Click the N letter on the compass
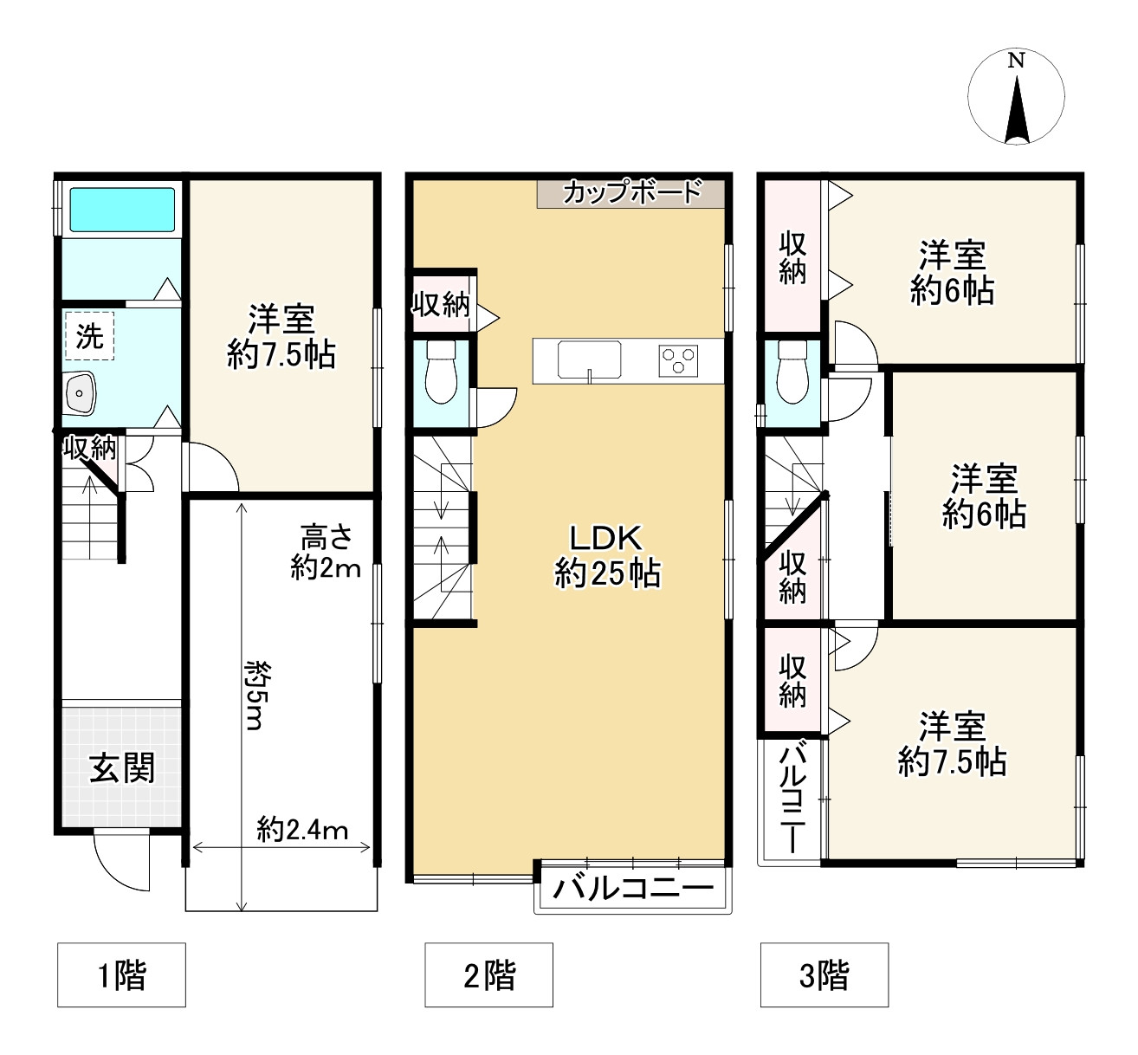(x=1015, y=61)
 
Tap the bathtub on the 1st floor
(x=122, y=210)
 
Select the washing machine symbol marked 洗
(x=89, y=335)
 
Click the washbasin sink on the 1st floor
(x=81, y=393)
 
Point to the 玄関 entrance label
(x=122, y=767)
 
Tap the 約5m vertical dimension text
(x=254, y=696)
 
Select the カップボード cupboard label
(x=632, y=192)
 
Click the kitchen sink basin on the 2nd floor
(x=589, y=359)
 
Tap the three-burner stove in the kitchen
(x=678, y=360)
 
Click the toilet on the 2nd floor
(x=441, y=372)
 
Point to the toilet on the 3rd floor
(x=792, y=372)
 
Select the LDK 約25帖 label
(x=607, y=556)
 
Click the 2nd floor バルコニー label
(x=633, y=889)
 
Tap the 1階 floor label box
(x=121, y=974)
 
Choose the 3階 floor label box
(x=824, y=974)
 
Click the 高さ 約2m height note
(x=326, y=553)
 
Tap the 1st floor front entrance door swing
(x=122, y=860)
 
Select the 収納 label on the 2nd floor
(x=441, y=304)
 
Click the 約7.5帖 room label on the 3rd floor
(x=952, y=744)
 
